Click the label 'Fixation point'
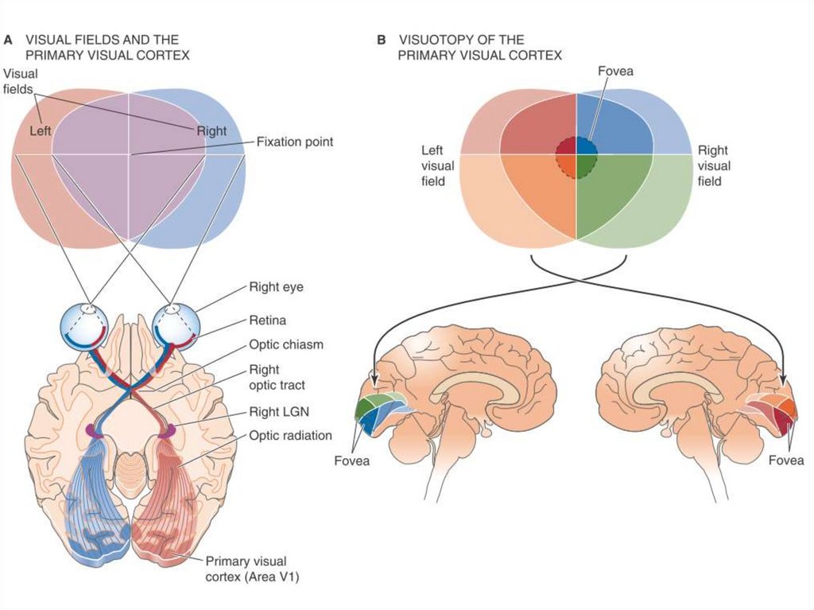(x=294, y=142)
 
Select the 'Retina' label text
(x=267, y=321)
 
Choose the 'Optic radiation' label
(x=290, y=436)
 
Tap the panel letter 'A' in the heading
(x=10, y=39)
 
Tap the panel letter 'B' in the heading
(x=382, y=39)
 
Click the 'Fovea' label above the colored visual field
(x=615, y=72)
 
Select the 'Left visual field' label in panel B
(x=438, y=165)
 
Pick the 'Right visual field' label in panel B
(x=714, y=165)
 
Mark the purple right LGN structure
(x=168, y=430)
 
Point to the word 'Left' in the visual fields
(x=41, y=130)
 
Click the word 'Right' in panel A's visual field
(x=211, y=131)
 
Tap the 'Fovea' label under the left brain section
(x=351, y=460)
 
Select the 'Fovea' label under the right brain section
(x=787, y=460)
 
